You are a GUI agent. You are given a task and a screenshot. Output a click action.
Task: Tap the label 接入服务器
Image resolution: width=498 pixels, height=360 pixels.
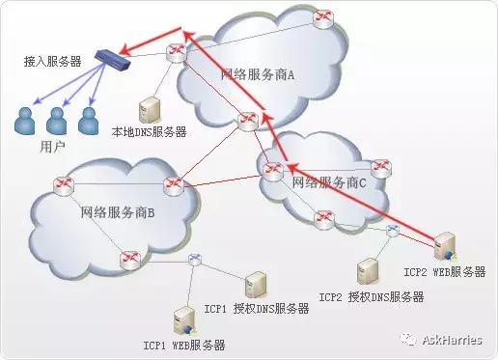pos(53,61)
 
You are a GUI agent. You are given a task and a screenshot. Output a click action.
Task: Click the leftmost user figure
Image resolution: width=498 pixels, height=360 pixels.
pos(26,121)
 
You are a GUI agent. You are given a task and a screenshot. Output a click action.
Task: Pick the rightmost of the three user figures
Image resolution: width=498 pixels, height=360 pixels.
pos(88,121)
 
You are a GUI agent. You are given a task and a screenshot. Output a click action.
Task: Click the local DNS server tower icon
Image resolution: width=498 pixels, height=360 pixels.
pos(150,107)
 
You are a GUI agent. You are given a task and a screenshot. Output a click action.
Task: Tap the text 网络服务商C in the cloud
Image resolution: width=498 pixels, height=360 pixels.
pos(328,181)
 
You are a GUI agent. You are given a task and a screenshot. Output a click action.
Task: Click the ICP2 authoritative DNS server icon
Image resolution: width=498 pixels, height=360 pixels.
pos(366,270)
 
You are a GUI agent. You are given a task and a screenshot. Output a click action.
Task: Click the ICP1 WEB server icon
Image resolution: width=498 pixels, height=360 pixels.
pos(180,319)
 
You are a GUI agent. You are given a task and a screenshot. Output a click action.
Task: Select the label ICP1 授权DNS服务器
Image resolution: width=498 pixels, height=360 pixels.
pos(257,309)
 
